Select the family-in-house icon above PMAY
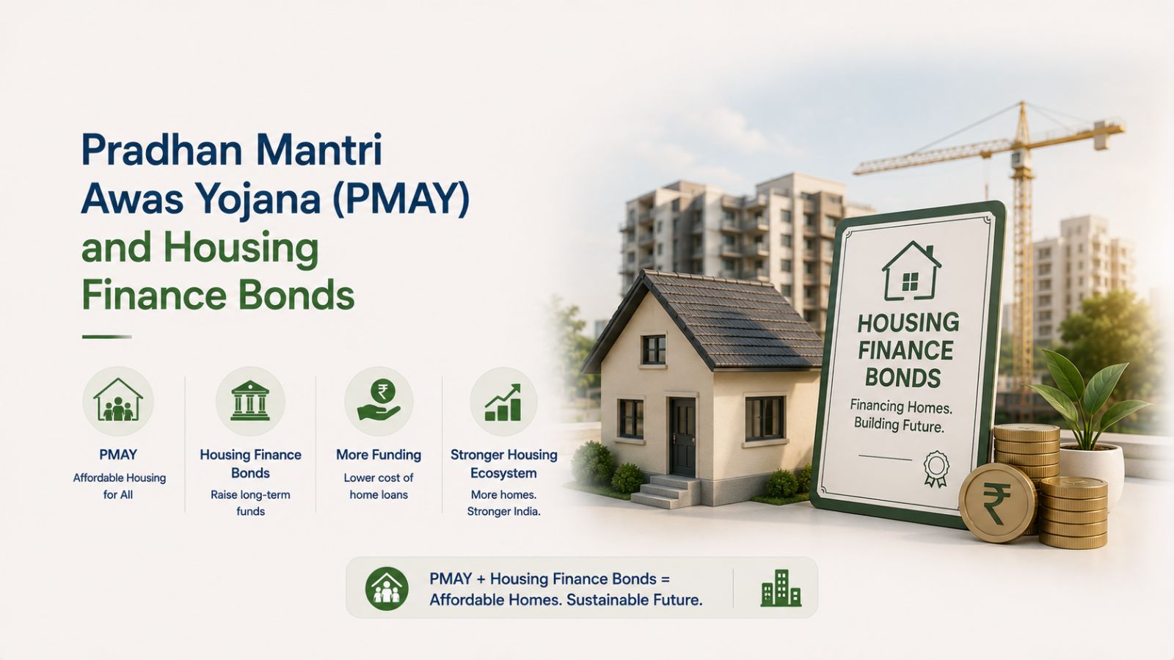click(x=118, y=400)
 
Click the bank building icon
click(x=250, y=400)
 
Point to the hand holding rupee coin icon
click(x=379, y=401)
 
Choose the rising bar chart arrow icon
click(x=503, y=403)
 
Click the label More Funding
click(x=379, y=455)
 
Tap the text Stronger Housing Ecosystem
click(x=503, y=463)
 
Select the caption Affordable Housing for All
click(x=119, y=486)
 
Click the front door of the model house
click(x=683, y=437)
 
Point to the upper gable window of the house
click(x=654, y=349)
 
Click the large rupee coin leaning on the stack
click(x=997, y=503)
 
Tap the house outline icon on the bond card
click(x=911, y=271)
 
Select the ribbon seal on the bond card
click(x=936, y=468)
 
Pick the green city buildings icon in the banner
click(x=781, y=588)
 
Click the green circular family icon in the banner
click(x=387, y=588)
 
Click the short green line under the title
click(x=106, y=337)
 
